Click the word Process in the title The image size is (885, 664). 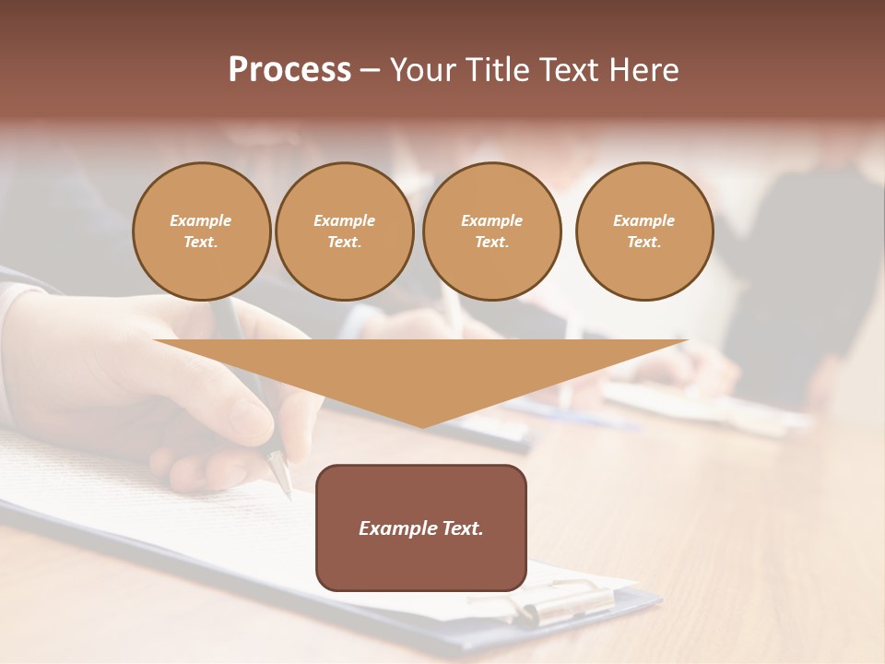(x=289, y=70)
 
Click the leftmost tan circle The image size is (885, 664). (x=201, y=231)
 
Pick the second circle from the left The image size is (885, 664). (x=345, y=231)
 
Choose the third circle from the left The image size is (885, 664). (x=492, y=231)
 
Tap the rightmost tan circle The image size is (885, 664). (x=644, y=231)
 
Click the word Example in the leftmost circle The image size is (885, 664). (x=201, y=220)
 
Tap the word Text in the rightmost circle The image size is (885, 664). (x=644, y=243)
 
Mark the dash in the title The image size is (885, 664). (x=370, y=70)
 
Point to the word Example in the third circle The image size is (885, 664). (x=492, y=220)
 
